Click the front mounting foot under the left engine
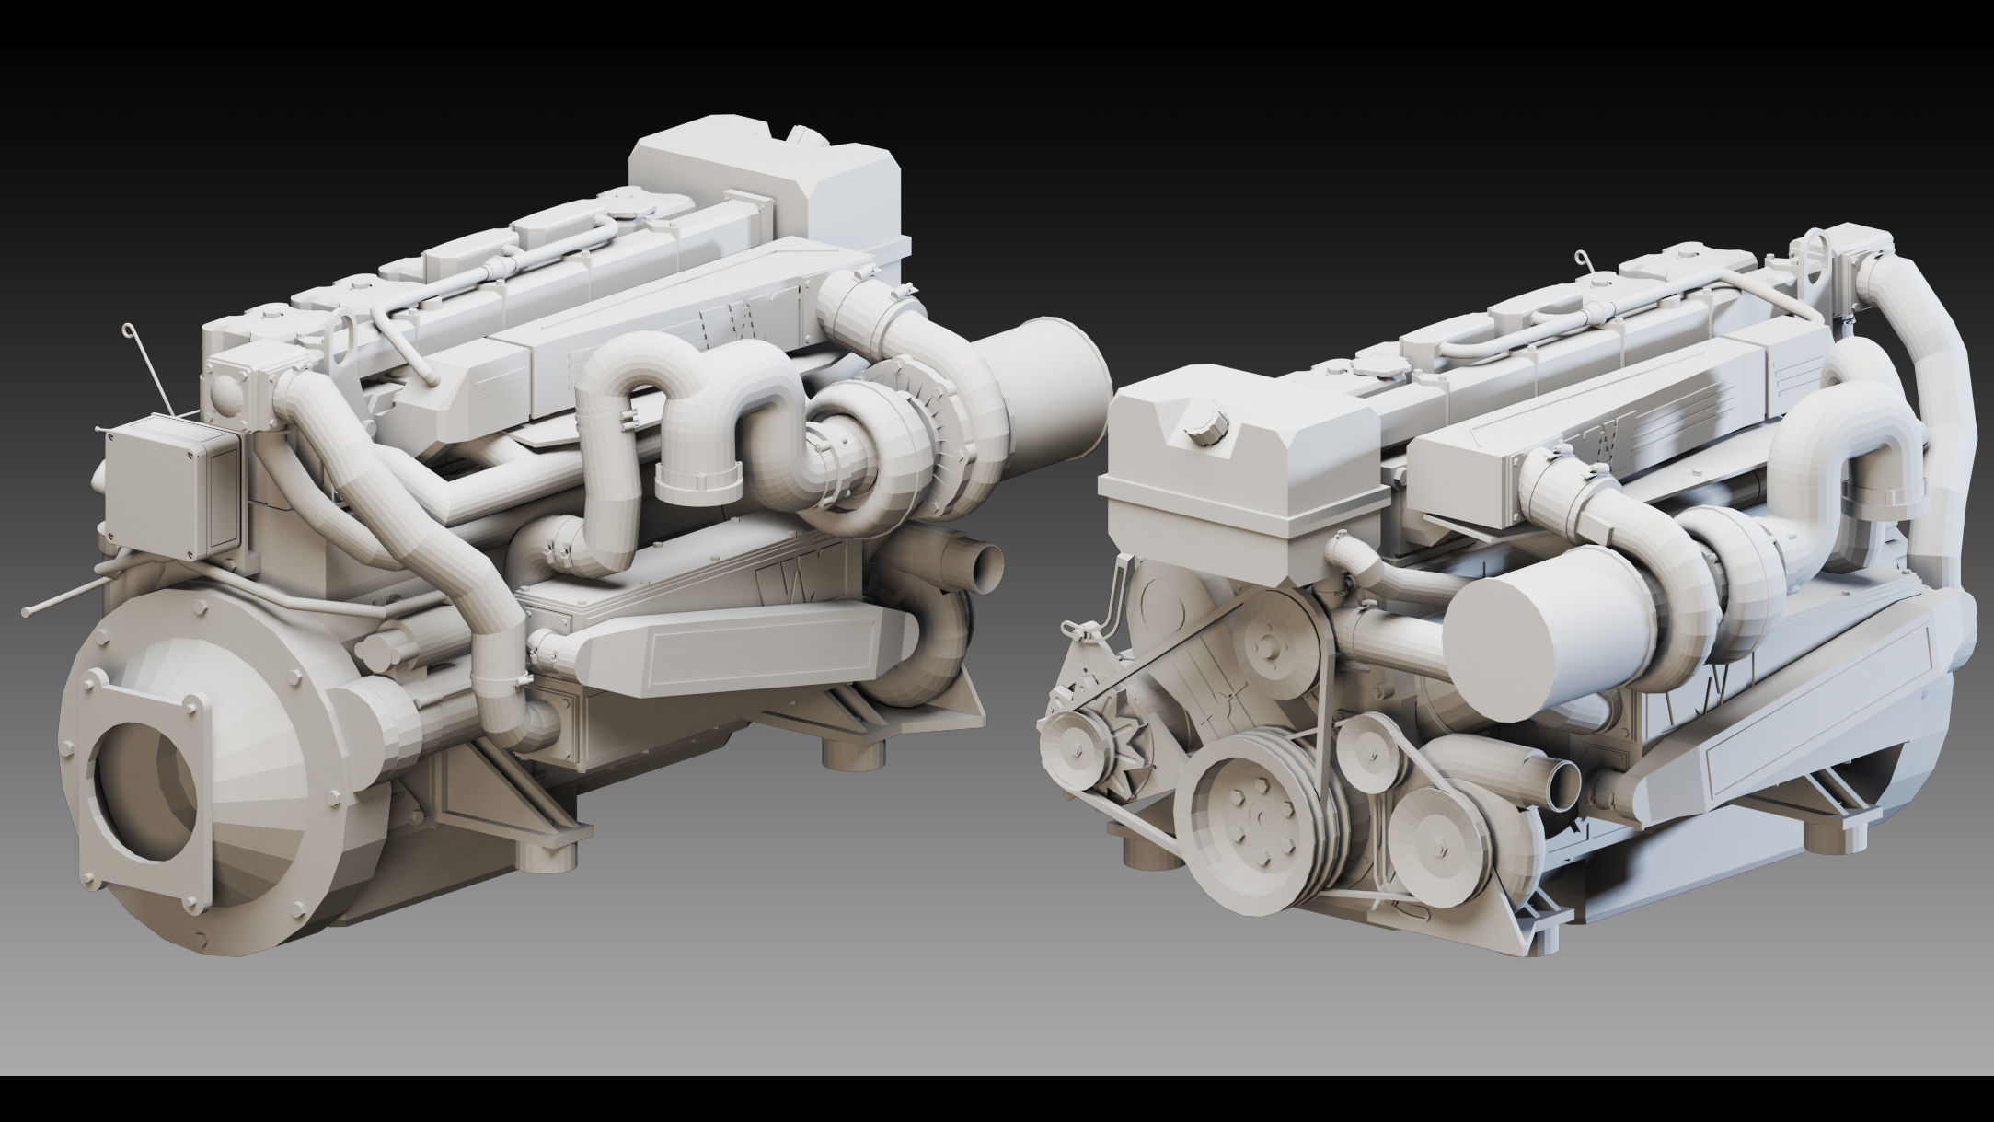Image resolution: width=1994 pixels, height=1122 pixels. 553,860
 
